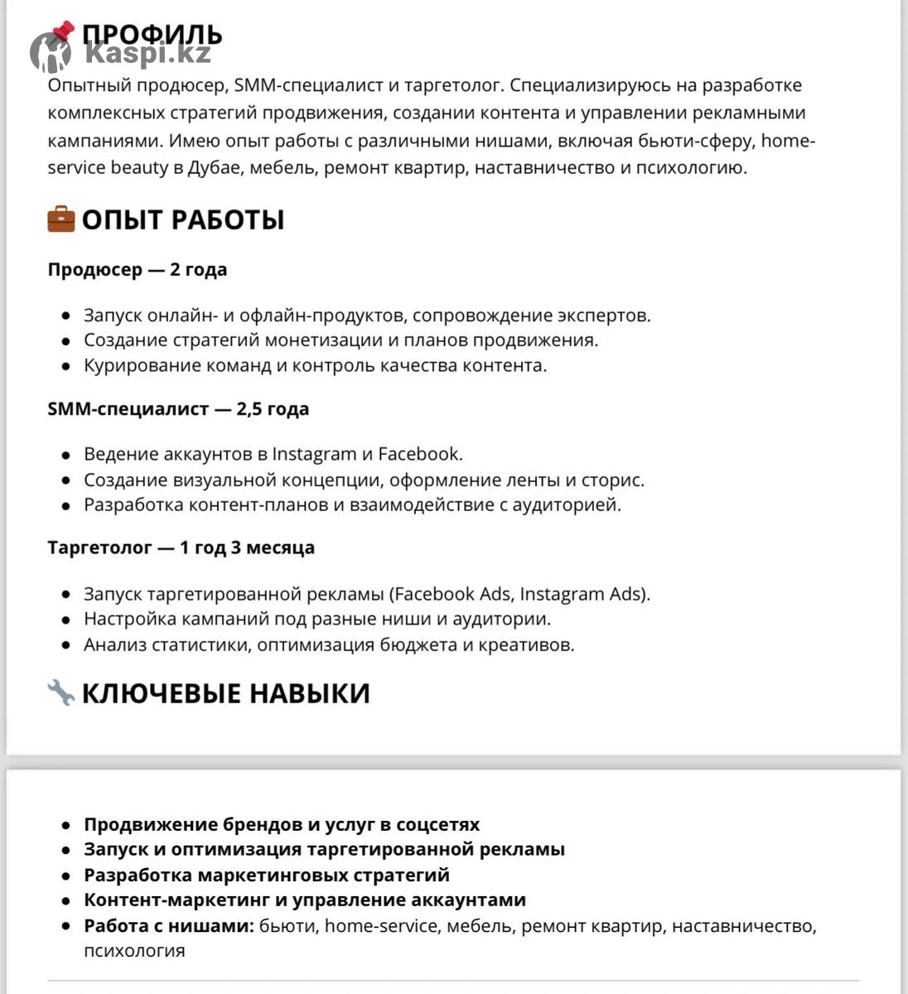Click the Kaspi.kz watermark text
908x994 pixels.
(x=147, y=54)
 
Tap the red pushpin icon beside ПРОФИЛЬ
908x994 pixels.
(x=60, y=34)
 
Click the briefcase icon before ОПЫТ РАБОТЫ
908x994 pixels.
(x=61, y=220)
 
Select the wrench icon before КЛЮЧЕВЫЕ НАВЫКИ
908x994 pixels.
(x=61, y=692)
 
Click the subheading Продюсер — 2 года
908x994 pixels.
(x=138, y=269)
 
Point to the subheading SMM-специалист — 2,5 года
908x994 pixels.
(x=178, y=408)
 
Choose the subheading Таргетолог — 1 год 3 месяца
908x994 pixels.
(x=181, y=548)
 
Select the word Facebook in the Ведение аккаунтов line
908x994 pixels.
(x=418, y=454)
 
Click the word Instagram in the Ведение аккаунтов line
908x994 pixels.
(x=314, y=454)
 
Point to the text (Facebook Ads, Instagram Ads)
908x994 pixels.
(x=520, y=594)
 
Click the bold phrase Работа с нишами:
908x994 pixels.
(x=169, y=925)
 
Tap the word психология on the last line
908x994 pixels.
(x=134, y=950)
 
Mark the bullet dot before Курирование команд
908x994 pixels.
(x=66, y=366)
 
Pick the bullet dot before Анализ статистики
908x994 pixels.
(x=66, y=645)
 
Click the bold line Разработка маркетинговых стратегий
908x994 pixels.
(x=267, y=875)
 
